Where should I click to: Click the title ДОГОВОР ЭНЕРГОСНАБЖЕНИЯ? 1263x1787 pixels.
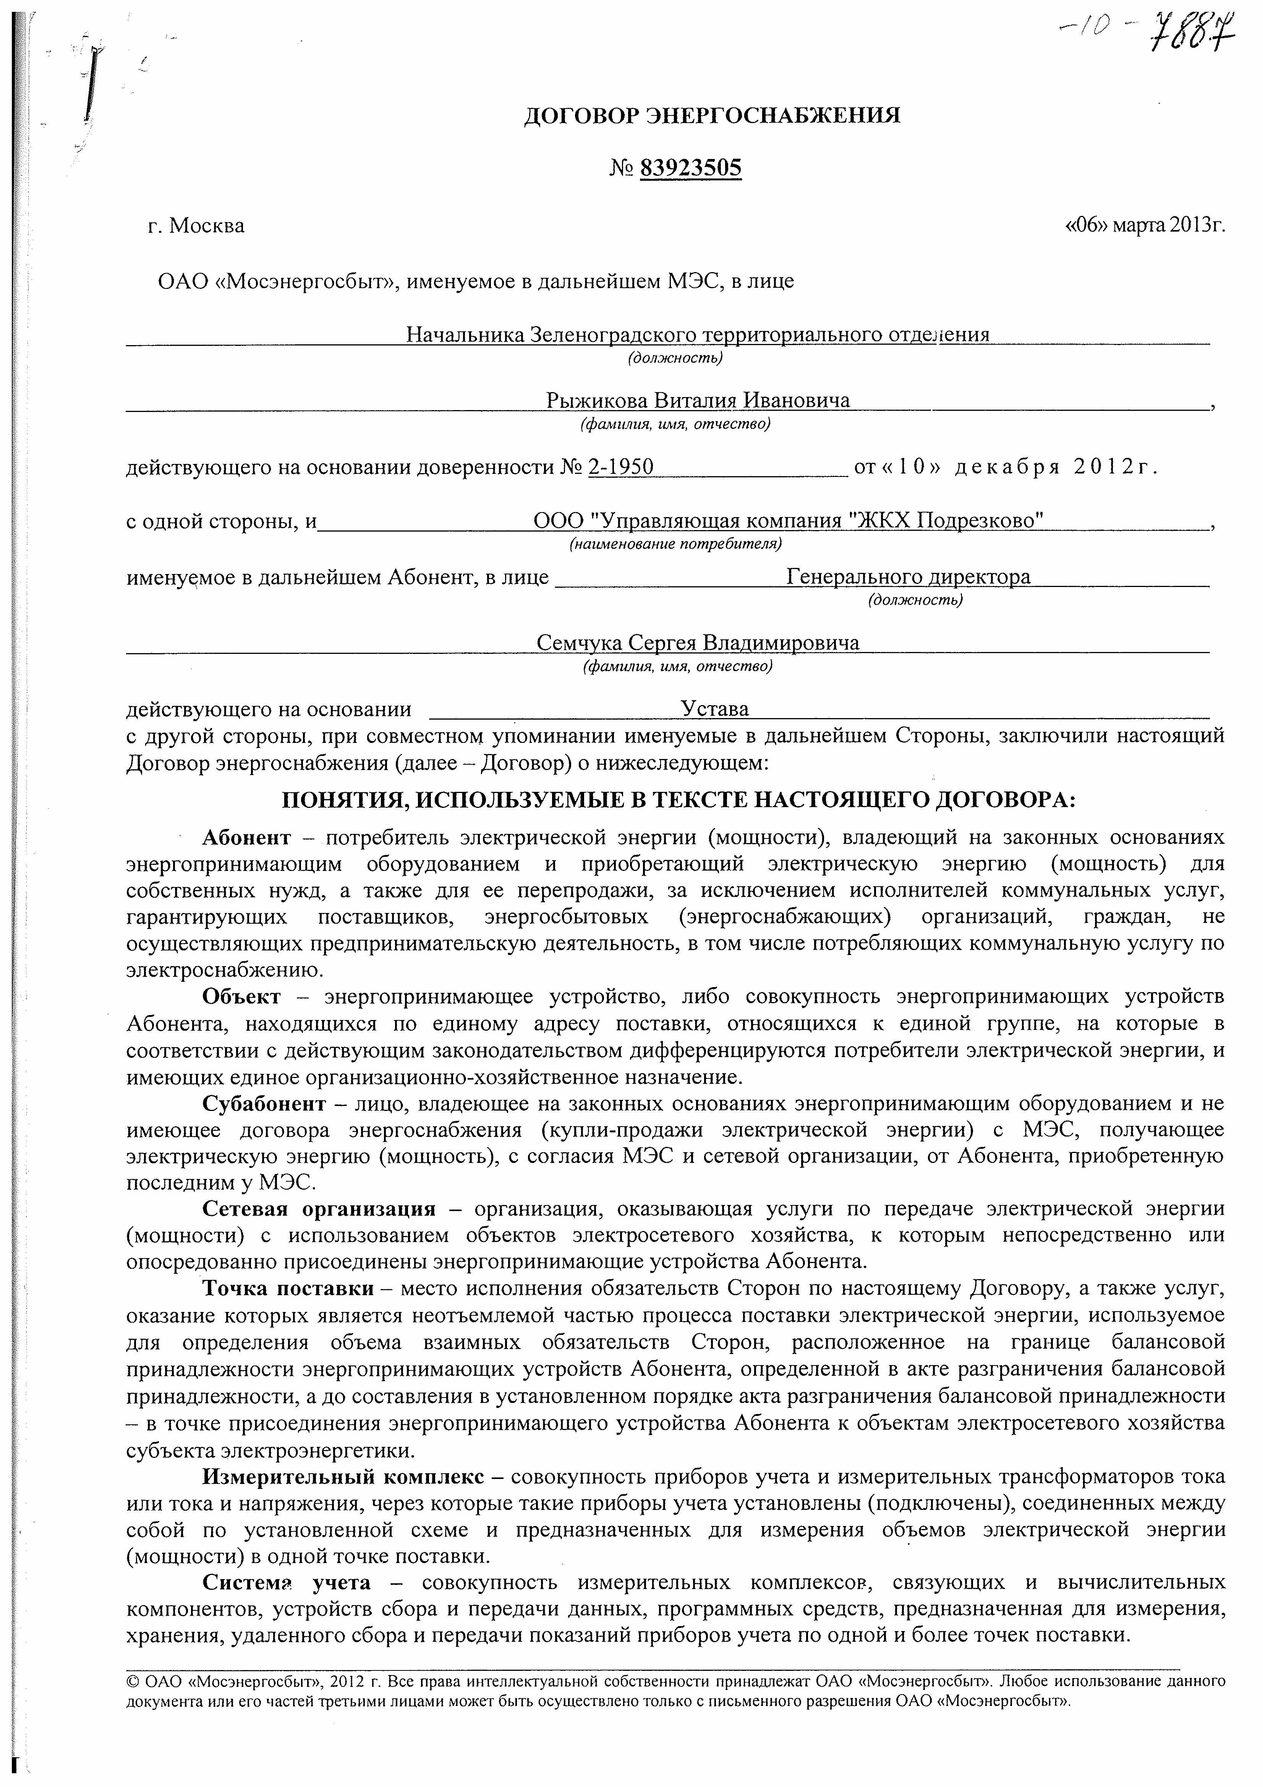pos(711,116)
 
